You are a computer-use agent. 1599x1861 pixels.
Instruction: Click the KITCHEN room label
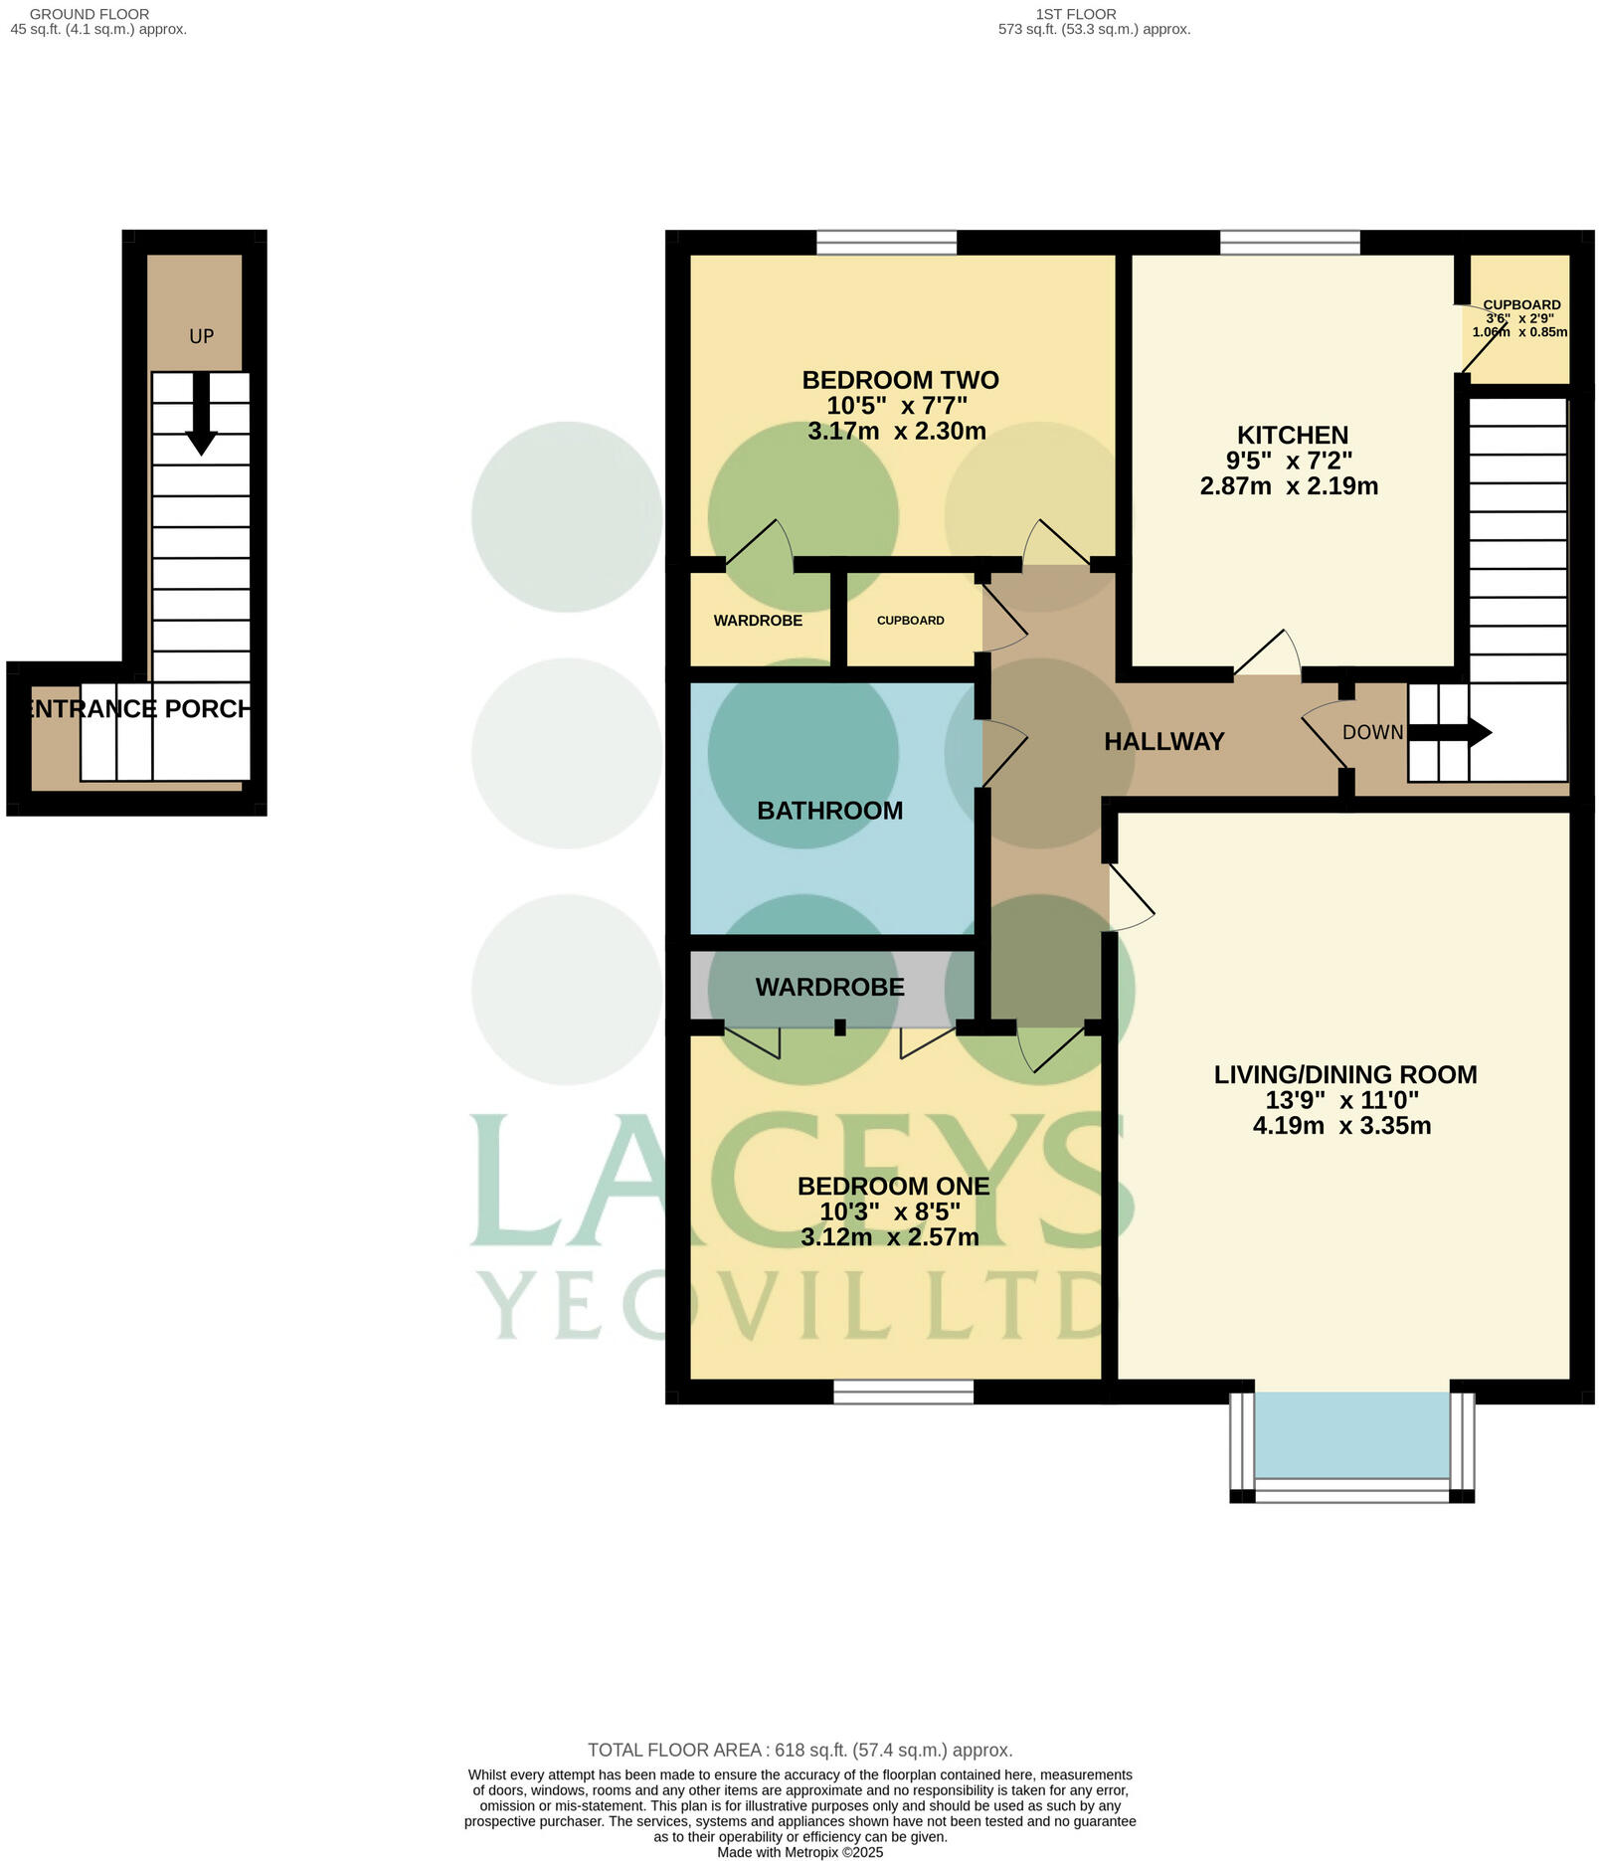pyautogui.click(x=1292, y=435)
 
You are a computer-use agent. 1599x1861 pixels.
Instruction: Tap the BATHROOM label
pyautogui.click(x=829, y=811)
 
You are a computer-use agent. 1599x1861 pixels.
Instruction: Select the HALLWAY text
pyautogui.click(x=1163, y=741)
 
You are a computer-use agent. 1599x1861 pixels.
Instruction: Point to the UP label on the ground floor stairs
pyautogui.click(x=201, y=336)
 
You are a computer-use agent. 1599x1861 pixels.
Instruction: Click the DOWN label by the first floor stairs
pyautogui.click(x=1372, y=732)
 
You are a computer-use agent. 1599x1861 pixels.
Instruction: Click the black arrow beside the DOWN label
pyautogui.click(x=1451, y=733)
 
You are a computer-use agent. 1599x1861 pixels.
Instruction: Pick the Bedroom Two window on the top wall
pyautogui.click(x=886, y=242)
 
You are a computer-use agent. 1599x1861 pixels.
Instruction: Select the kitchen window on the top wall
pyautogui.click(x=1290, y=242)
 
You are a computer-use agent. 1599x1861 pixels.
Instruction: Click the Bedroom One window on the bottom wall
pyautogui.click(x=903, y=1392)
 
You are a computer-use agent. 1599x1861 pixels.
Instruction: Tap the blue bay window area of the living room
pyautogui.click(x=1351, y=1434)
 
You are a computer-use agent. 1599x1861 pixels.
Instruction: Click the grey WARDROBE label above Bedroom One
pyautogui.click(x=829, y=987)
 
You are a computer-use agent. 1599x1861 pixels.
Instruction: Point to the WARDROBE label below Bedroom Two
pyautogui.click(x=758, y=621)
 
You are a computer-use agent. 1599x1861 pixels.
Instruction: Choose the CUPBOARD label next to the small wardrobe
pyautogui.click(x=910, y=621)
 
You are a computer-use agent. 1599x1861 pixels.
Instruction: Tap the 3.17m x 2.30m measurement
pyautogui.click(x=896, y=431)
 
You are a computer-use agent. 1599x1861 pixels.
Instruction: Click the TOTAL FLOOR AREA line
pyautogui.click(x=799, y=1750)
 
